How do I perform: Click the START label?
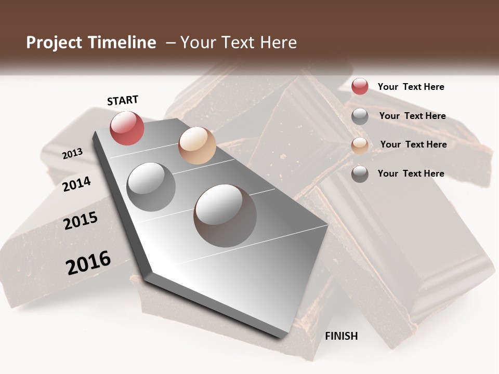123,100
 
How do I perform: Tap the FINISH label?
341,336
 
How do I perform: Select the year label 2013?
72,154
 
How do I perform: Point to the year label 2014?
77,184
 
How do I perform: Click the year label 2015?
81,221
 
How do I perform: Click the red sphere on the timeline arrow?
127,128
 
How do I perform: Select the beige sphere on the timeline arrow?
197,145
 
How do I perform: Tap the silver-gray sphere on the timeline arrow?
151,186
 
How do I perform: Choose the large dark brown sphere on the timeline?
225,215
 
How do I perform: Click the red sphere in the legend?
360,86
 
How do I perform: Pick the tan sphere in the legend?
360,145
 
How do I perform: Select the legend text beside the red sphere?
411,87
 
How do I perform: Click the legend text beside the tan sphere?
413,144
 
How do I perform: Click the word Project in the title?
54,43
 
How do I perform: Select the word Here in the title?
277,43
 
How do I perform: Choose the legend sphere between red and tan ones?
360,116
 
